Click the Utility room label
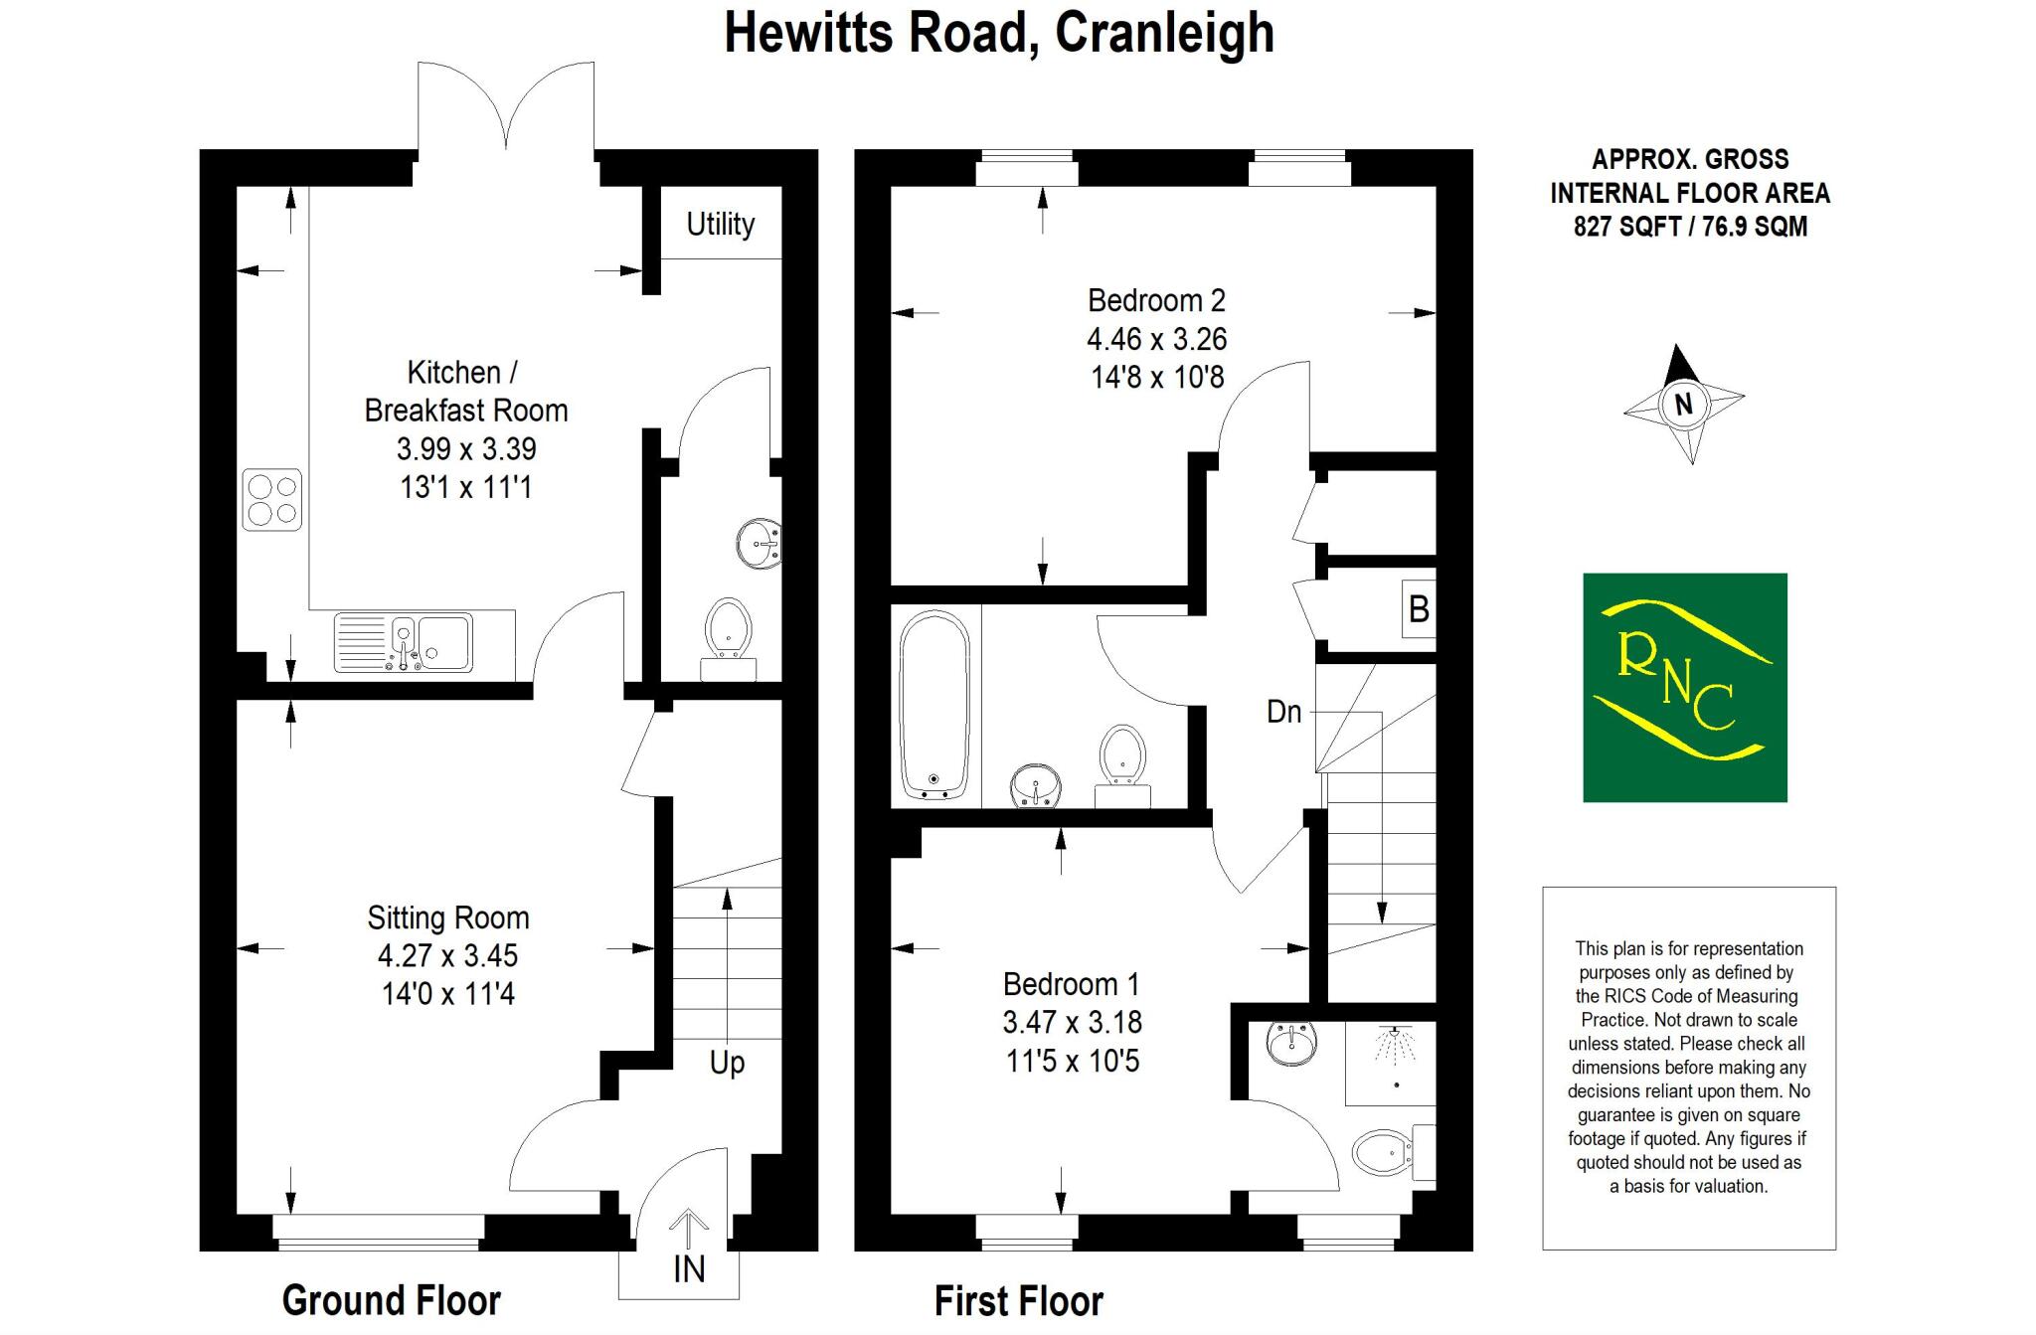[x=720, y=224]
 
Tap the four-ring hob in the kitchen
[x=272, y=500]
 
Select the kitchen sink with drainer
[x=404, y=642]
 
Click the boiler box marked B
[x=1419, y=607]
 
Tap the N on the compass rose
[x=1684, y=405]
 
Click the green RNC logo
[x=1684, y=687]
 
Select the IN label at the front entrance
[x=689, y=1269]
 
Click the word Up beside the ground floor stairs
[x=727, y=1063]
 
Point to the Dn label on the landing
[x=1283, y=712]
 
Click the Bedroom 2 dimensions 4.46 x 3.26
[x=1156, y=339]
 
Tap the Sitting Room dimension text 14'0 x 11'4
[x=447, y=993]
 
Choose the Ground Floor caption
[x=391, y=1300]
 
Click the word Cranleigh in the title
[x=1164, y=33]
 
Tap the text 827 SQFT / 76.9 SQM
[x=1689, y=227]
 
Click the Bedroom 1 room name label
[x=1071, y=984]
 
